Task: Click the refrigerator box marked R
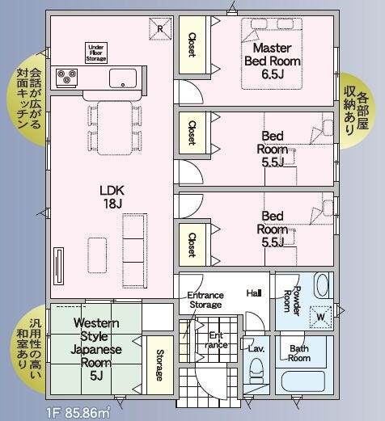point(160,29)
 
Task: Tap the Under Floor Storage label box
point(96,53)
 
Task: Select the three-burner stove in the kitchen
point(66,78)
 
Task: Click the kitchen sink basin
point(123,78)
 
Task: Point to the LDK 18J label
point(112,197)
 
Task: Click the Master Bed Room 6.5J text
point(273,61)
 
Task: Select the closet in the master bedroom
point(192,44)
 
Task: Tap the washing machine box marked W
point(320,317)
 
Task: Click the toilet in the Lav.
point(256,371)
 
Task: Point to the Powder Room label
point(292,301)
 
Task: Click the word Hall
point(254,293)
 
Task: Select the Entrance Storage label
point(205,300)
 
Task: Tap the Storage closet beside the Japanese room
point(160,365)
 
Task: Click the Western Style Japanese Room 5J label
point(96,349)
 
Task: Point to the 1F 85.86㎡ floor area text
point(78,413)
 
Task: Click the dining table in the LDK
point(115,128)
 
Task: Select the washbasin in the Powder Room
point(322,285)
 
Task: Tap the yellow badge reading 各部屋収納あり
point(357,111)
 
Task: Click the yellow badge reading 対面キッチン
point(27,99)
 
